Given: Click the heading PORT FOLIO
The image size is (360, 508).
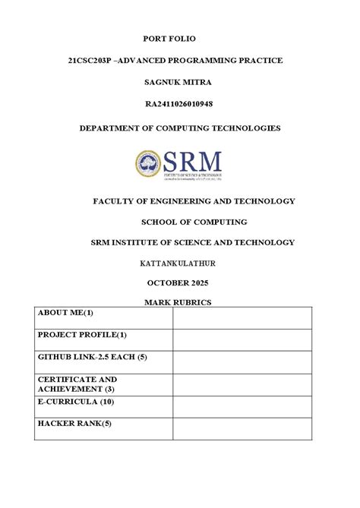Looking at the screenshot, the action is pyautogui.click(x=180, y=37).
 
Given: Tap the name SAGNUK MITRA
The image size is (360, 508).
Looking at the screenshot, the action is pyautogui.click(x=180, y=81).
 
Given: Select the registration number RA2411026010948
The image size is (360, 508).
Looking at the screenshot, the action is pyautogui.click(x=180, y=103).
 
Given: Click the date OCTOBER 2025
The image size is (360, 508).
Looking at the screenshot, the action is pyautogui.click(x=179, y=282).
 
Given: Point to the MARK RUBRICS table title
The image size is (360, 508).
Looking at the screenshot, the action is pyautogui.click(x=179, y=302).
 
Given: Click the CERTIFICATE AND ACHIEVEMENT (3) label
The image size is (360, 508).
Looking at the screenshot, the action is pyautogui.click(x=77, y=383).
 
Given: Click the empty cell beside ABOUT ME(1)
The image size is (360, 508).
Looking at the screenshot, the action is pyautogui.click(x=242, y=318).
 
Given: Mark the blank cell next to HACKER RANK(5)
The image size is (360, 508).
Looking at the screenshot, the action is pyautogui.click(x=242, y=428).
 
